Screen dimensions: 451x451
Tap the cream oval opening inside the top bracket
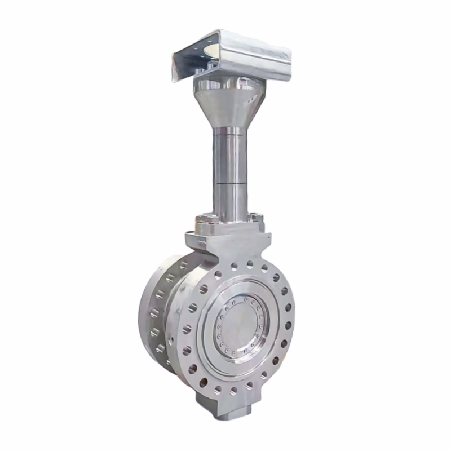212,52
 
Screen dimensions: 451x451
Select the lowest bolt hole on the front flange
232,389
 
